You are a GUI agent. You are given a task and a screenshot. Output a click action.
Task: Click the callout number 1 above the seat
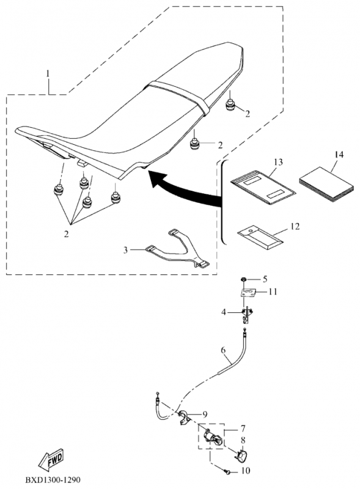click(48, 73)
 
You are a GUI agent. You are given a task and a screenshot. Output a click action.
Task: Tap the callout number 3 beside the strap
click(125, 250)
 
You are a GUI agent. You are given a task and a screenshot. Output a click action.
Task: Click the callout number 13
click(278, 162)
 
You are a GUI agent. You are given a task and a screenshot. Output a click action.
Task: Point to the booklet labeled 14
click(326, 184)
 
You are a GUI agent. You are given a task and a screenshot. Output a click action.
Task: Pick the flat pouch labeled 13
click(263, 187)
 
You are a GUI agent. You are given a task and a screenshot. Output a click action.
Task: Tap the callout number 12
click(295, 226)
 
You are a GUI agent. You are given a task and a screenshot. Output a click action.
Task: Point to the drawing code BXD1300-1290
click(53, 479)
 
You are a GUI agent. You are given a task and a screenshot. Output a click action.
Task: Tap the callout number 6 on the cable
click(223, 350)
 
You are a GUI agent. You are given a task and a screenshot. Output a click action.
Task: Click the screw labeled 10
click(229, 472)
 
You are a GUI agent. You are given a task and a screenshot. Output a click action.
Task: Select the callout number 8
click(243, 440)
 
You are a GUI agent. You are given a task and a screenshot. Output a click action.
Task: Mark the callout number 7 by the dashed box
click(243, 428)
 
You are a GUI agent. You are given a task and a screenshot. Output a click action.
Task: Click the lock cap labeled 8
click(241, 455)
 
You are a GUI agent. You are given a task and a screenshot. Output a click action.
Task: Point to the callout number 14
click(339, 155)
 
